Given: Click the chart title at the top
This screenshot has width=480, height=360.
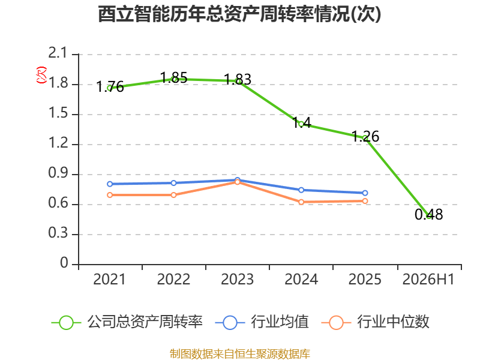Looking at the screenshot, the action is (239, 14).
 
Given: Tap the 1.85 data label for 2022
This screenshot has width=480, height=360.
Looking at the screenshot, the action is (173, 77).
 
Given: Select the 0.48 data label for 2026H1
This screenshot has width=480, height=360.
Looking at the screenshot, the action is (428, 214).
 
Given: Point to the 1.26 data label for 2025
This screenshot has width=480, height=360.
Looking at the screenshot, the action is (365, 136).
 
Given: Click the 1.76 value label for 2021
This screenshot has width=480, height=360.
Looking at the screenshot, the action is (110, 86).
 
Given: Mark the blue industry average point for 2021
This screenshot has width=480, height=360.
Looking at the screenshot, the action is (110, 184).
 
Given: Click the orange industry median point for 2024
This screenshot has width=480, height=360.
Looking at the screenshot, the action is (301, 202).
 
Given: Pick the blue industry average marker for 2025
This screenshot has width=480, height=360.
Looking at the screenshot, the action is (365, 193).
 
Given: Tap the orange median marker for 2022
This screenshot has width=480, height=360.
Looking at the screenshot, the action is (173, 195).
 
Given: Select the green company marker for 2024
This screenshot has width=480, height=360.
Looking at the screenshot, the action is (301, 124).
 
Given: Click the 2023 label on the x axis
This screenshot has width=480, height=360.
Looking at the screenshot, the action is (237, 279).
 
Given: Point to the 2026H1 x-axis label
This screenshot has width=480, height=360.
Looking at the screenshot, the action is (428, 279).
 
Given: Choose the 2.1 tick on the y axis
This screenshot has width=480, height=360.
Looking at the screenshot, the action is (57, 53).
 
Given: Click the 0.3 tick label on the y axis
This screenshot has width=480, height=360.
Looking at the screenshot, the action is (58, 233).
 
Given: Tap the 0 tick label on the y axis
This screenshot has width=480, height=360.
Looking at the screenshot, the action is (64, 263).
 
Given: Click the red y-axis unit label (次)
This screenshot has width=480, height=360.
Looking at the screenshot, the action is (41, 75).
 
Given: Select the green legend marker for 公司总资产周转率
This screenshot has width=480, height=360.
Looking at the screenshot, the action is (66, 323).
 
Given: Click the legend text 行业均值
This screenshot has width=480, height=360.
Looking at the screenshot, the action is (280, 322).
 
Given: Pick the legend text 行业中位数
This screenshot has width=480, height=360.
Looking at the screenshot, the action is (393, 322).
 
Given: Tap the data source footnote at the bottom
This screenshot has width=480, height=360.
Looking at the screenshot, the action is (240, 354).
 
